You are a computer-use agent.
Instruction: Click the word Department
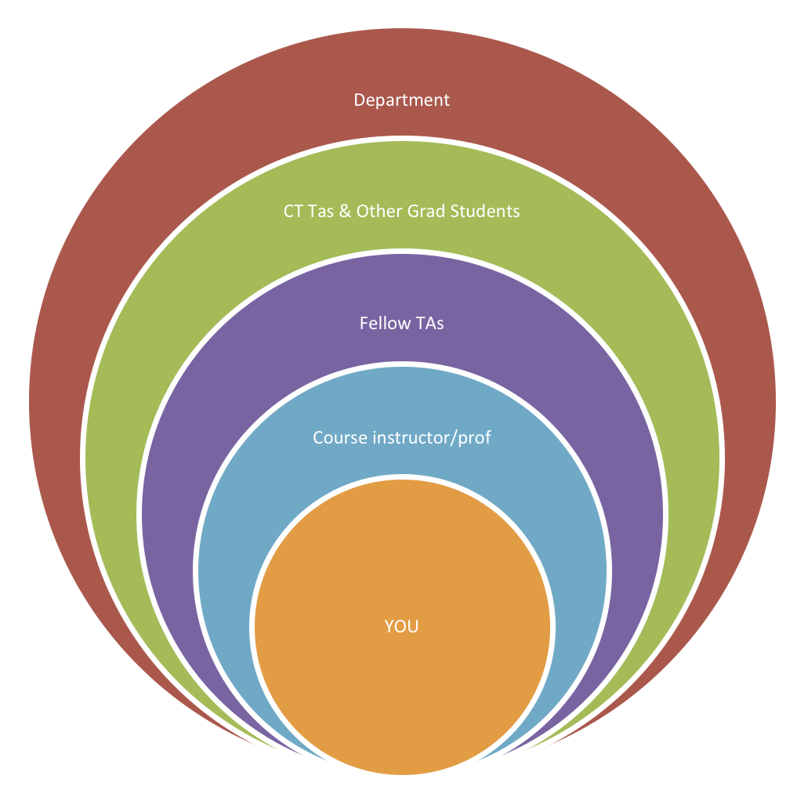(401, 100)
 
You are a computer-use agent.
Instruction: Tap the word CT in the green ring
(293, 212)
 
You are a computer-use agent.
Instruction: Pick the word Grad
(424, 212)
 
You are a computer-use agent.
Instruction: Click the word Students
(484, 212)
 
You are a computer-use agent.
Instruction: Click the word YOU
(401, 627)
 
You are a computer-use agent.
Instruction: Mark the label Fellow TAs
(401, 323)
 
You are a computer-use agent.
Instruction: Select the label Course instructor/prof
(401, 437)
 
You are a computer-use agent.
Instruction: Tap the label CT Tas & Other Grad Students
(401, 212)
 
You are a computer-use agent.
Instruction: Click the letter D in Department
(359, 100)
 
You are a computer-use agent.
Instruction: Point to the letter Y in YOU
(388, 627)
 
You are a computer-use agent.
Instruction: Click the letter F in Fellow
(364, 323)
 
